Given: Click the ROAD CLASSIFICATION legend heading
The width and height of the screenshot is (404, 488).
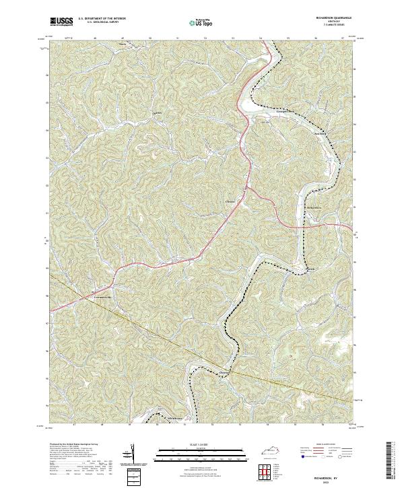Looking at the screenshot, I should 330,445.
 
